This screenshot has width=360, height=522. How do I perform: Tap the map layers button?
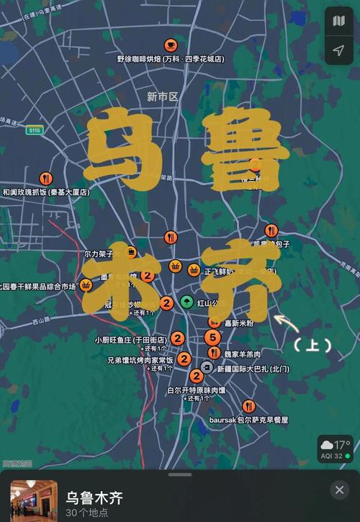338,21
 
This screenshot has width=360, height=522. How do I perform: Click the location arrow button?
338,50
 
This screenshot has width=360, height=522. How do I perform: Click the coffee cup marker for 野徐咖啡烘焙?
170,44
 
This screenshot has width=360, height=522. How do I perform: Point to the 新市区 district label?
162,96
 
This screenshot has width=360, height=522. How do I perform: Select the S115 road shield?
35,130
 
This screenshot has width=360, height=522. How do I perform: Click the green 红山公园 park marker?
186,302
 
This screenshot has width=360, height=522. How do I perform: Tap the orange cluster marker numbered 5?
212,337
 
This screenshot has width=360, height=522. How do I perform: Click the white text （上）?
312,346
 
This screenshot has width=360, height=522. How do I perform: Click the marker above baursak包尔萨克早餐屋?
248,406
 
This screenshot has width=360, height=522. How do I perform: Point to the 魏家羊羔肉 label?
242,354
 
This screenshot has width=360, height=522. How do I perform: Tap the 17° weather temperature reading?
341,444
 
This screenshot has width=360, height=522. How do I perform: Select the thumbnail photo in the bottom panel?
33,500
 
